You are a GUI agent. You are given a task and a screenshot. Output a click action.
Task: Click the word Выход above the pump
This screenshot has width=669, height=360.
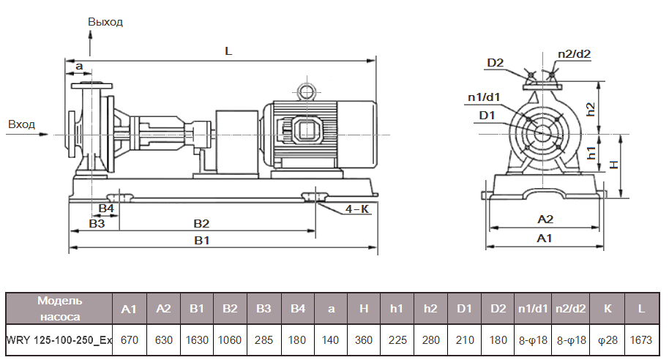tap(105, 22)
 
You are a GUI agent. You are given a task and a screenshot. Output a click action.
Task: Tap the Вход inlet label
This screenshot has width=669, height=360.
tap(21, 124)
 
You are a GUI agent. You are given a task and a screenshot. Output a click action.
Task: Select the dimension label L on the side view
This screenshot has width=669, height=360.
tap(228, 51)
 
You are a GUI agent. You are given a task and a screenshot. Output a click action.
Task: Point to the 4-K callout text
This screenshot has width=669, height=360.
tap(356, 209)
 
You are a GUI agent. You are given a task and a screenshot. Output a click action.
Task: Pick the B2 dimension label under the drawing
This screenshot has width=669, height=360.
tap(201, 222)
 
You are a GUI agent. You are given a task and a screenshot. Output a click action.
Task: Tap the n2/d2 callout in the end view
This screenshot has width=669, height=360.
tap(574, 53)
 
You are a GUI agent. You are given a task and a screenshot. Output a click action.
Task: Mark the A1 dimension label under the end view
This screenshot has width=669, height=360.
tap(545, 239)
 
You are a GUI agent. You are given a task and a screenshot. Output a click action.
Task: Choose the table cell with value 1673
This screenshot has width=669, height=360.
tap(641, 340)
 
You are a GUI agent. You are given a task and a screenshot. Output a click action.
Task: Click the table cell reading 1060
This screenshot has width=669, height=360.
tap(230, 340)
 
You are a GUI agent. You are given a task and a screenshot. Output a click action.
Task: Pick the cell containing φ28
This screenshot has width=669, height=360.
tap(608, 340)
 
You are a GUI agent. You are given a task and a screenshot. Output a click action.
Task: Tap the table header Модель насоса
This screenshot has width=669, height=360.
tap(60, 308)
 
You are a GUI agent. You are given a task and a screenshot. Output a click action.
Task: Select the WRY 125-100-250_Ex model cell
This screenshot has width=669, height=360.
tap(60, 340)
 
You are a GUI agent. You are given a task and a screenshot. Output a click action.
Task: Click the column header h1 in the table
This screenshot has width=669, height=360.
tap(397, 309)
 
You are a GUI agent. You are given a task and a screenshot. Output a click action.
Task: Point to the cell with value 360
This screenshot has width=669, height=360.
tap(364, 340)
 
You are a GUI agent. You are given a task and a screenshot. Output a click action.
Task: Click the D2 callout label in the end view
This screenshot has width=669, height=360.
tap(496, 62)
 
